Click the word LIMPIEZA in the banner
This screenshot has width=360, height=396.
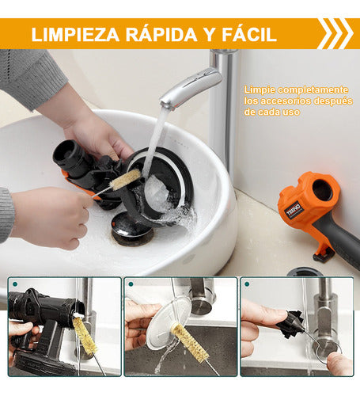click(x=75, y=34)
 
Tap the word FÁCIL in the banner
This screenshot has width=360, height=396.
click(x=249, y=33)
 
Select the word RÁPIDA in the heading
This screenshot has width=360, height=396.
click(x=161, y=33)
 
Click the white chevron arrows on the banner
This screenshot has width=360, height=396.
click(x=335, y=33)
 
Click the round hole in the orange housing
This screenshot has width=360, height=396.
click(x=322, y=190)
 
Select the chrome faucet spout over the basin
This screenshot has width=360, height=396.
click(x=191, y=87)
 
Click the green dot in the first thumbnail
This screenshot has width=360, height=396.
click(x=15, y=284)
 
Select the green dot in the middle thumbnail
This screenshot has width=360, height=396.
click(x=131, y=284)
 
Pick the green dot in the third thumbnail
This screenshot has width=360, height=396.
click(x=247, y=284)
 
